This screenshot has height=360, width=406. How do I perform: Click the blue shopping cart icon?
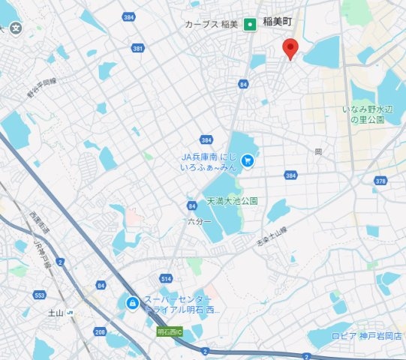click(x=248, y=160)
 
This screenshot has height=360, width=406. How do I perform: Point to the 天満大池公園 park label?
click(x=233, y=201)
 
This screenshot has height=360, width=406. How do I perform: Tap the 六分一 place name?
click(x=200, y=222)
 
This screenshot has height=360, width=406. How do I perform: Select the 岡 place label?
click(x=319, y=151)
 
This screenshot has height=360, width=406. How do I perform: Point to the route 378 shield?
click(x=380, y=181)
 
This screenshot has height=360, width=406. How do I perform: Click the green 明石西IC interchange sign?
click(x=170, y=331)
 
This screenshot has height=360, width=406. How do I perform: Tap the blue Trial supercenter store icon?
click(x=131, y=303)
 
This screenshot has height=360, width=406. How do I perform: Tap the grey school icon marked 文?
click(x=16, y=28)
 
